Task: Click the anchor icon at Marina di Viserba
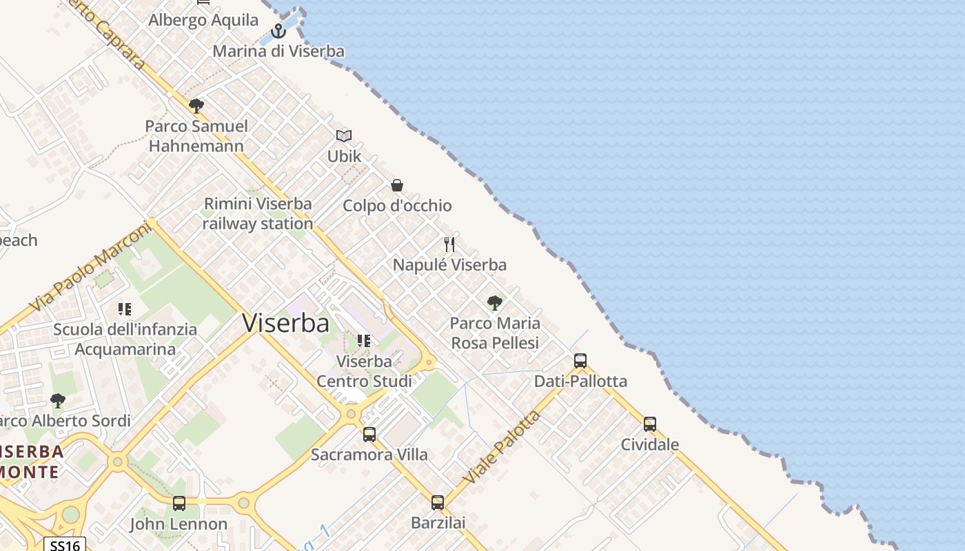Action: pos(278,30)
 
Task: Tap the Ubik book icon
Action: pos(344,136)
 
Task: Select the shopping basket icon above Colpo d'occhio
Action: pos(397,185)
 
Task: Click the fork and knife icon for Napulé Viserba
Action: pos(449,244)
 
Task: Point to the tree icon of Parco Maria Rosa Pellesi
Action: pos(494,302)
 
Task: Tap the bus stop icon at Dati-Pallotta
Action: pos(580,360)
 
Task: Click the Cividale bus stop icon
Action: pos(649,424)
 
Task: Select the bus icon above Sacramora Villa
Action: pos(369,434)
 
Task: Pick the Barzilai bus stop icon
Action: pos(438,502)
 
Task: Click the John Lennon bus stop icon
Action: pos(179,503)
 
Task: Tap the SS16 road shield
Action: pos(65,545)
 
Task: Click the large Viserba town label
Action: pos(285,323)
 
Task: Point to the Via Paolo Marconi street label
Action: pos(91,266)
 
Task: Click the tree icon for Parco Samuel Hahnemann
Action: pos(196,105)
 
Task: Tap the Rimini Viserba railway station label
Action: pos(258,214)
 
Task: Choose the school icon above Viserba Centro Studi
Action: pos(364,340)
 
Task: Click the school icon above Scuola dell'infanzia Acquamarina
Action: pos(125,309)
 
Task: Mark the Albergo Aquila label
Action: pos(203,20)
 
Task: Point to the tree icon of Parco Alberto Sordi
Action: pos(58,400)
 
